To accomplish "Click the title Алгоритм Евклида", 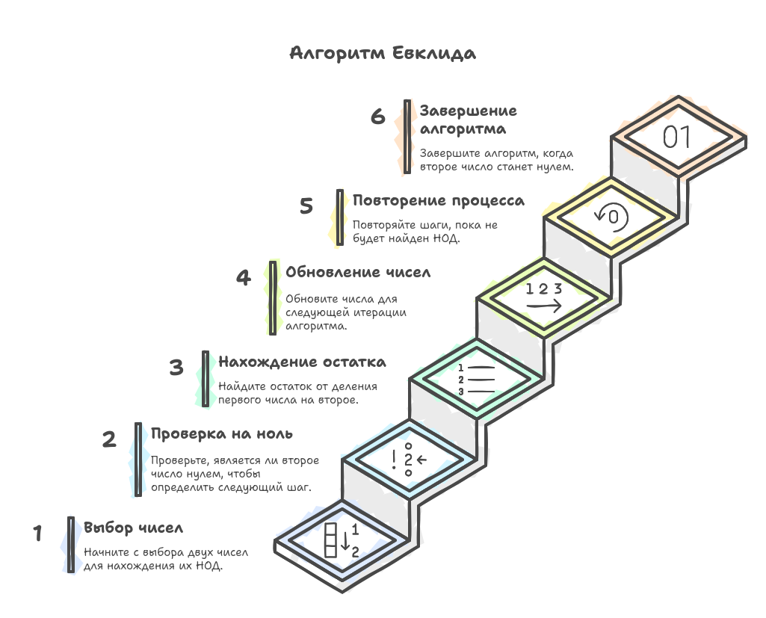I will pos(382,54).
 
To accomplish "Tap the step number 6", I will pos(377,117).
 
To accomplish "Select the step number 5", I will pos(306,206).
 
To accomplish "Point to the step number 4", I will pos(244,278).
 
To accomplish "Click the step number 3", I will pos(176,368).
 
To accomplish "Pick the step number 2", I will pos(109,439).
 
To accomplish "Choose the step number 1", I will pos(37,534).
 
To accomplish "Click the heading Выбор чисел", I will pos(133,528).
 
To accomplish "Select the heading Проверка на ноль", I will pos(221,434).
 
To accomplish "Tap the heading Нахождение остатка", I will pos(302,362).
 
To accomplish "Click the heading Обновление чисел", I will pos(358,273).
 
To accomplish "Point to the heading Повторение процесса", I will pos(438,201).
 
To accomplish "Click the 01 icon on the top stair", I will pos(679,137).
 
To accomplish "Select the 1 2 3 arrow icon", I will pos(543,297).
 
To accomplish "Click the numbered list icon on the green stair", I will pos(476,380).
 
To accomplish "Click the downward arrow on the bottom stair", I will pos(345,541).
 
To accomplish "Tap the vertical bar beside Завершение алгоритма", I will pos(407,137).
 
